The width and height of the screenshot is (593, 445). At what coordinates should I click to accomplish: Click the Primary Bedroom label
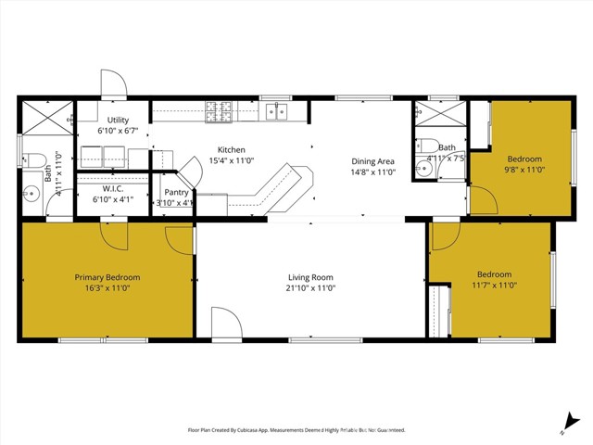click(107, 277)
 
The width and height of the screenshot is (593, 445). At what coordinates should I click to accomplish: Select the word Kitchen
click(231, 150)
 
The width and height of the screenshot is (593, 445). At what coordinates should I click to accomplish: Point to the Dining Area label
click(372, 161)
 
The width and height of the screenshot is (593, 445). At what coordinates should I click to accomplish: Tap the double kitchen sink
click(277, 112)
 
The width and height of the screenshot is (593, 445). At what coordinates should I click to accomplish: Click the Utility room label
click(118, 121)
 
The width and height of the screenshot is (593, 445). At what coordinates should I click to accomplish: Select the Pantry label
click(176, 192)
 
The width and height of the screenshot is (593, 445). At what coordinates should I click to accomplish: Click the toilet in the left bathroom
click(27, 157)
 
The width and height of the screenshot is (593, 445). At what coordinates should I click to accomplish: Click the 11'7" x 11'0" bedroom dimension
click(493, 286)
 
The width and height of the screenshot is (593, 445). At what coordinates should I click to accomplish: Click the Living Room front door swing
click(225, 324)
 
